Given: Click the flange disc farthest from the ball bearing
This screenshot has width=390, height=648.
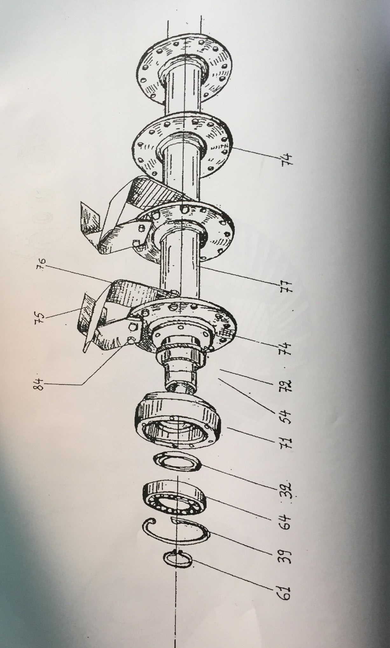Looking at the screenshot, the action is click(185, 68).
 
